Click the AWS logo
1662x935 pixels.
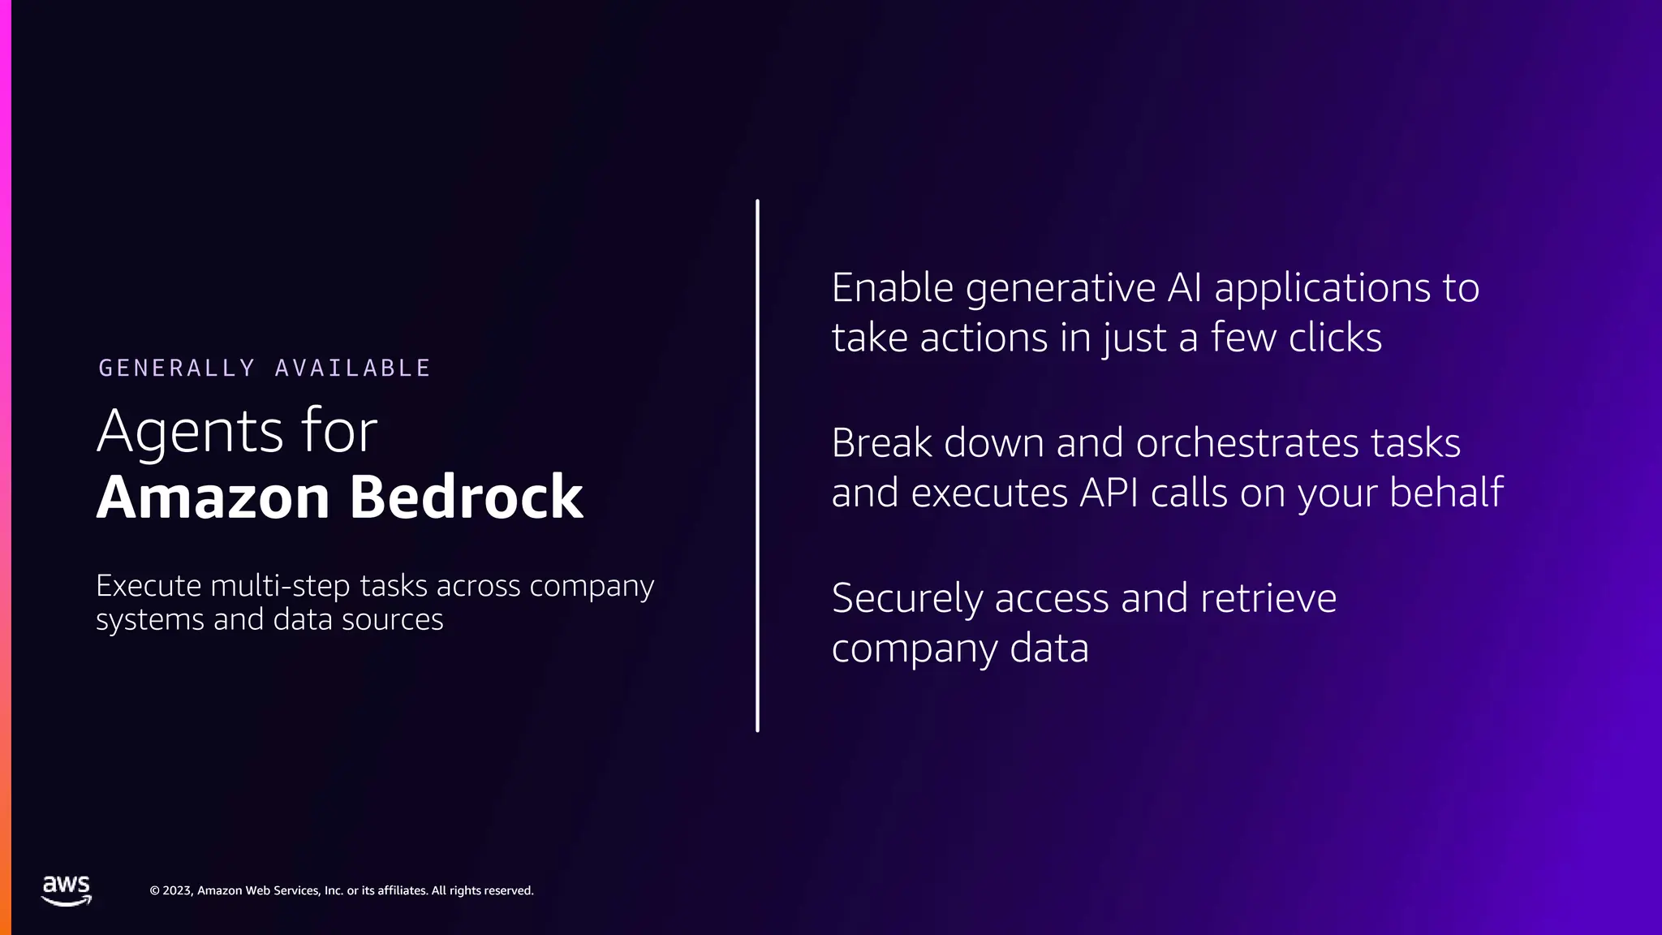click(67, 890)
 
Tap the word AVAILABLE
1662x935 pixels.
click(353, 368)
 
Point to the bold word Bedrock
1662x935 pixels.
click(467, 497)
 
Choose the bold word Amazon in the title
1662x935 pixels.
click(213, 497)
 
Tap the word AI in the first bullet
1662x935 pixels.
click(1184, 288)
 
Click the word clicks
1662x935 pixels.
click(1335, 338)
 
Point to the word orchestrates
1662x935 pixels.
click(1247, 443)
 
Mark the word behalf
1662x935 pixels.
click(1446, 493)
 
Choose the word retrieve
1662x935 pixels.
click(1268, 599)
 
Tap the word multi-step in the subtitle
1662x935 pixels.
click(280, 586)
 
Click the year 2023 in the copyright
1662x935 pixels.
click(178, 890)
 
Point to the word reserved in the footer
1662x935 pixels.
click(508, 890)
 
